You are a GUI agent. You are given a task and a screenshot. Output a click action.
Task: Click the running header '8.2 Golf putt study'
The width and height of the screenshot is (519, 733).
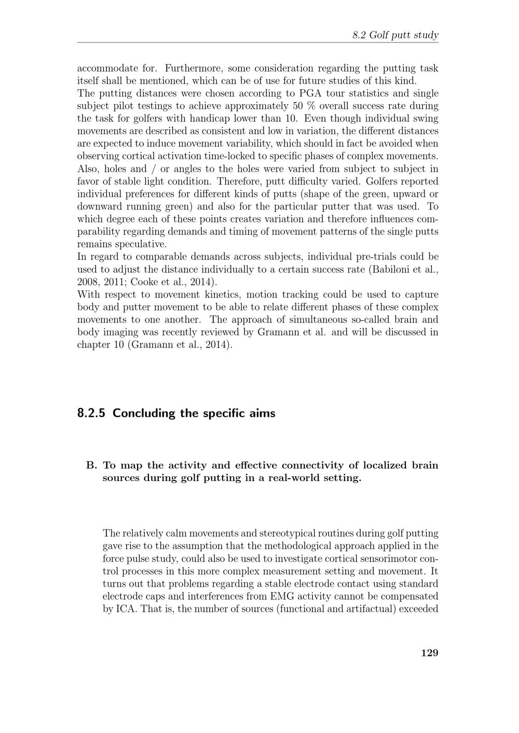[x=395, y=35]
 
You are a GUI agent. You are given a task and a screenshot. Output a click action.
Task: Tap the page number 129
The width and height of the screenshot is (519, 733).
[x=429, y=653]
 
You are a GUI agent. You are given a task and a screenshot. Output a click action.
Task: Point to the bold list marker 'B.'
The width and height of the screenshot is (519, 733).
[x=91, y=465]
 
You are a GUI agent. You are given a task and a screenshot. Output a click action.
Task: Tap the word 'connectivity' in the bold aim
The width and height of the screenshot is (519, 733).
[x=325, y=465]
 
